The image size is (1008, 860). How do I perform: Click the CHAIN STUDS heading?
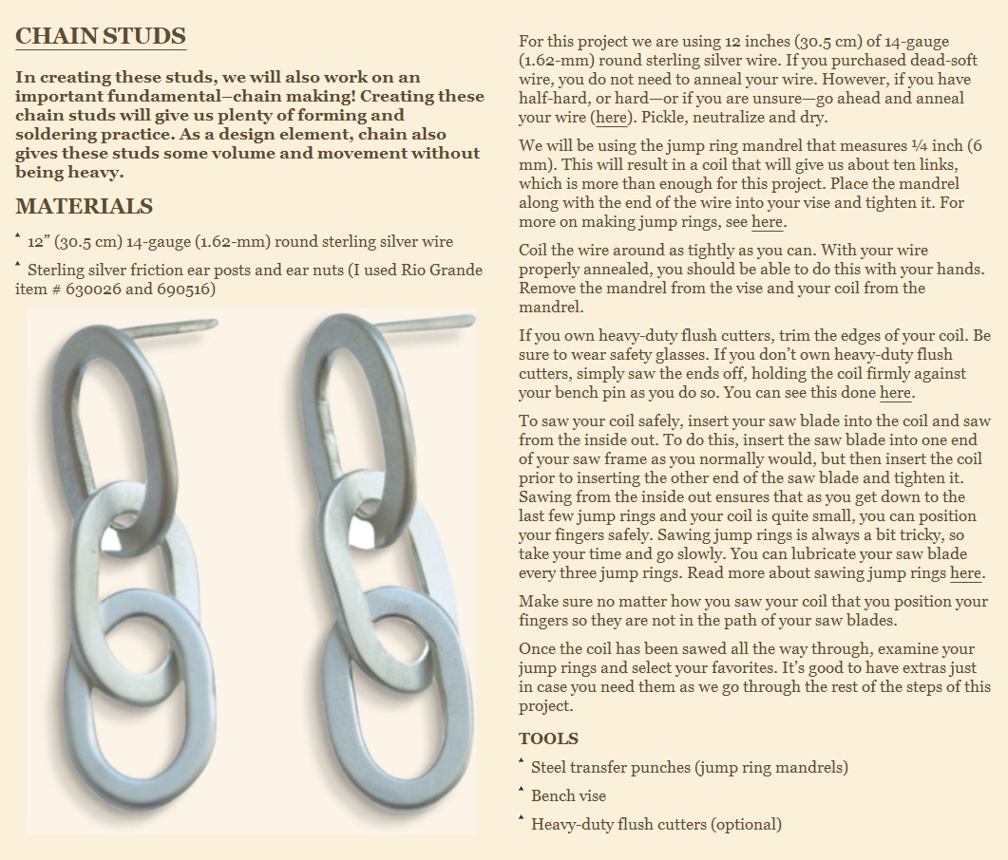pyautogui.click(x=100, y=36)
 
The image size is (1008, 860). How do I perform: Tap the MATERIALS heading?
pyautogui.click(x=84, y=206)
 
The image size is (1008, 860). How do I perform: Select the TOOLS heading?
pyautogui.click(x=548, y=738)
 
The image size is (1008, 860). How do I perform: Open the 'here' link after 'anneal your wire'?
pyautogui.click(x=611, y=118)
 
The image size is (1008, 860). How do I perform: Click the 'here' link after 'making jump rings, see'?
pyautogui.click(x=767, y=222)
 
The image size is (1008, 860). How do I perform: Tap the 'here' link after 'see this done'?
pyautogui.click(x=895, y=393)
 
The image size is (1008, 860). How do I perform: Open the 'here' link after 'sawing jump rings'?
pyautogui.click(x=965, y=573)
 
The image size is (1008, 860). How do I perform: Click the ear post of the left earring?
pyautogui.click(x=171, y=329)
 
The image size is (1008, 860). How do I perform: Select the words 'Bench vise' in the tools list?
pyautogui.click(x=568, y=795)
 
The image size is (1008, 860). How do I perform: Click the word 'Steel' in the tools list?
pyautogui.click(x=551, y=767)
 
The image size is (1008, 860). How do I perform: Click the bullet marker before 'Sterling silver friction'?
pyautogui.click(x=18, y=265)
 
